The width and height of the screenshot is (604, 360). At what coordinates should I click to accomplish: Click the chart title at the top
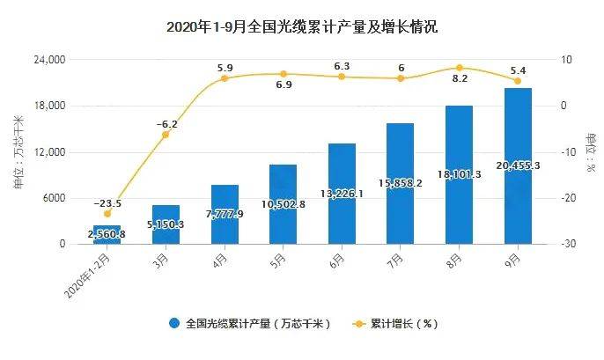302,27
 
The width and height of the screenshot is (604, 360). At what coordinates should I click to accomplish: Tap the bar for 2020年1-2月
107,234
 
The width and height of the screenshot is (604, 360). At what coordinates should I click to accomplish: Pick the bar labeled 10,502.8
283,203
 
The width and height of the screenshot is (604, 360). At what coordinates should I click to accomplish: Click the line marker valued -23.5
107,214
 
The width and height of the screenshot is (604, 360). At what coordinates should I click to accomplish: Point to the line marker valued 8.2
459,68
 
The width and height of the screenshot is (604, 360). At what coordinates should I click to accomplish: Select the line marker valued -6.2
166,134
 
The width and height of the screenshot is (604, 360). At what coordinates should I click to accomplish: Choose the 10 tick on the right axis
565,60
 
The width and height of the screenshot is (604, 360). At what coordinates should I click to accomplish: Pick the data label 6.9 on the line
284,86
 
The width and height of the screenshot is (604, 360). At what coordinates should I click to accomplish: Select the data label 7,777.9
225,214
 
